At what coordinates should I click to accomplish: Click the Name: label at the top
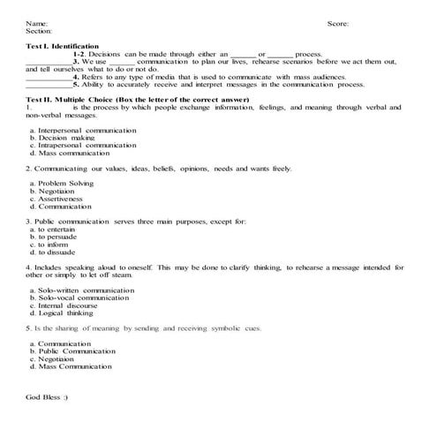pos(37,24)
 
